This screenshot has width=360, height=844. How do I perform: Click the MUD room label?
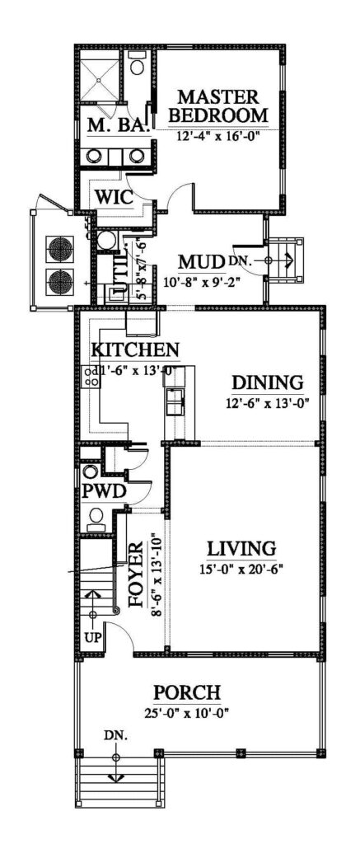202,263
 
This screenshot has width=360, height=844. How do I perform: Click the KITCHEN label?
135,349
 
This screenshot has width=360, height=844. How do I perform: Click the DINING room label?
267,382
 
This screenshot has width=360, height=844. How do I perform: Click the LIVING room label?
241,548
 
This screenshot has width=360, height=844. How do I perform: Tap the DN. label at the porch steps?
115,734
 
